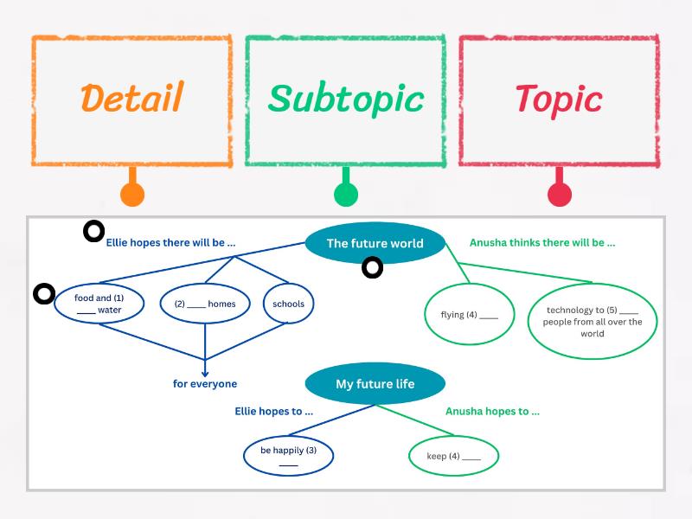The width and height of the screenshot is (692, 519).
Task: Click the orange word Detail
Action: (131, 98)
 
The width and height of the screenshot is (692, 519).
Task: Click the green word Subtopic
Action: (345, 98)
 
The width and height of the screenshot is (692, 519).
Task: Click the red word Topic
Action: (559, 98)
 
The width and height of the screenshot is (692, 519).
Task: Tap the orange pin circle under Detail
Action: (131, 195)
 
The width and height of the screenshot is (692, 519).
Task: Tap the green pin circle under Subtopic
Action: (345, 195)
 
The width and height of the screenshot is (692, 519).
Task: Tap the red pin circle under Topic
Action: (560, 195)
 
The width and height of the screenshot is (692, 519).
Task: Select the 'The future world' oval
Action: (375, 243)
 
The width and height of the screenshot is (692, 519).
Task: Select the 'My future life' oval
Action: (375, 383)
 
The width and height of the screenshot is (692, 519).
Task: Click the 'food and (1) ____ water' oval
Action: (98, 304)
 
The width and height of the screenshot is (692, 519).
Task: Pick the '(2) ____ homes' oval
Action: (205, 304)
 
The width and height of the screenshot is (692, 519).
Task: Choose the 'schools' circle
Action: (288, 304)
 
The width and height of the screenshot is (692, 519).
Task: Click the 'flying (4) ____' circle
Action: (469, 314)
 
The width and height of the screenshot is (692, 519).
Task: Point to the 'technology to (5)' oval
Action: (593, 321)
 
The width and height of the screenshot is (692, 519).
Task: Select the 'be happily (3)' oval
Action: (288, 456)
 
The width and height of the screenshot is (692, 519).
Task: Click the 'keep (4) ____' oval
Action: (453, 456)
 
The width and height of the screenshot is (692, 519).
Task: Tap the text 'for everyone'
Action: (205, 383)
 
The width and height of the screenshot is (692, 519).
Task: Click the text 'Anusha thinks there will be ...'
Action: (542, 243)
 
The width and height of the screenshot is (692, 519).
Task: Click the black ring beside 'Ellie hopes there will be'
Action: (93, 231)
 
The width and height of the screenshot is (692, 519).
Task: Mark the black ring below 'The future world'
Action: (372, 268)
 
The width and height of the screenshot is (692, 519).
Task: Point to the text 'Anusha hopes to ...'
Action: (492, 411)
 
